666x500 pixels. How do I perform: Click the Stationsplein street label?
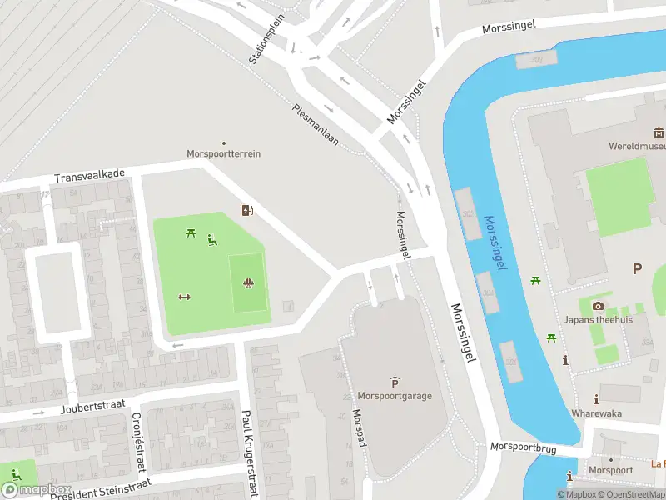click(x=266, y=39)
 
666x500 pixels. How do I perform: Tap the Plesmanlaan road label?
click(x=316, y=124)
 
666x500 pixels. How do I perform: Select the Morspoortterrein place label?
click(x=223, y=154)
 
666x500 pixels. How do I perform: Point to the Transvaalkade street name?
click(x=89, y=176)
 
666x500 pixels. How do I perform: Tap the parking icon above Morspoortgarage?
click(x=394, y=382)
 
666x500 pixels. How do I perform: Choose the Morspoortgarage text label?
click(x=394, y=396)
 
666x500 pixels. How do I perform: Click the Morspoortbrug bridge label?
click(x=522, y=447)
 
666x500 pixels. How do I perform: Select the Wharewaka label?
click(x=596, y=412)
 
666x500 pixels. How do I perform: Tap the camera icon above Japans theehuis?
click(x=597, y=306)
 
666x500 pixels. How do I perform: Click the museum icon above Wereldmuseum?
click(x=659, y=132)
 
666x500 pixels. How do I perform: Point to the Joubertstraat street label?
click(x=92, y=407)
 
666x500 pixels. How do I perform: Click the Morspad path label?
click(x=359, y=427)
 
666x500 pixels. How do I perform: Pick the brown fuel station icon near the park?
click(x=247, y=210)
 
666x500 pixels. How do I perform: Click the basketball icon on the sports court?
click(x=247, y=282)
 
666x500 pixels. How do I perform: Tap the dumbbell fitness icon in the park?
click(x=185, y=297)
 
